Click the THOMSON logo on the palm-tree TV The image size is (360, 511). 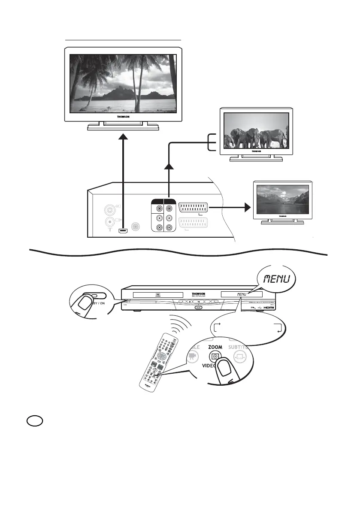[x=123, y=116]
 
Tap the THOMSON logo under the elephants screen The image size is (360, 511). [x=256, y=151]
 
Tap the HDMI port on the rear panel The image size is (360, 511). [x=123, y=232]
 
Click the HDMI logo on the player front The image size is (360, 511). [x=269, y=307]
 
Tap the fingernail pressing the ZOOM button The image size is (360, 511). [x=223, y=365]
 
